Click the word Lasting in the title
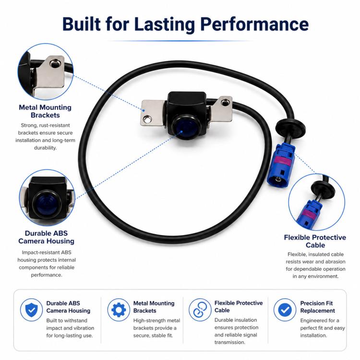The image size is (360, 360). click(164, 24)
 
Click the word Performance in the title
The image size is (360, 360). click(254, 24)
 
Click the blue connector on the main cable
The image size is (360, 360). click(281, 165)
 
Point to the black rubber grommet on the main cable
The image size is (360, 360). click(290, 128)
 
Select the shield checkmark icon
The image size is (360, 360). click(31, 310)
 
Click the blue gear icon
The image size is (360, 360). click(119, 310)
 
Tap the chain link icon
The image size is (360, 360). click(200, 310)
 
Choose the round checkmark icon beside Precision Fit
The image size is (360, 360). click(285, 310)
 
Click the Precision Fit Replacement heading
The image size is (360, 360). click(318, 307)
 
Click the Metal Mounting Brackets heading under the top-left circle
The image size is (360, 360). click(45, 111)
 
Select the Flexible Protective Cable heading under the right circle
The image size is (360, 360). click(315, 241)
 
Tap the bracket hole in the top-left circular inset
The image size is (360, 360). click(54, 63)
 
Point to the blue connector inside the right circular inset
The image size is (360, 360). click(308, 214)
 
